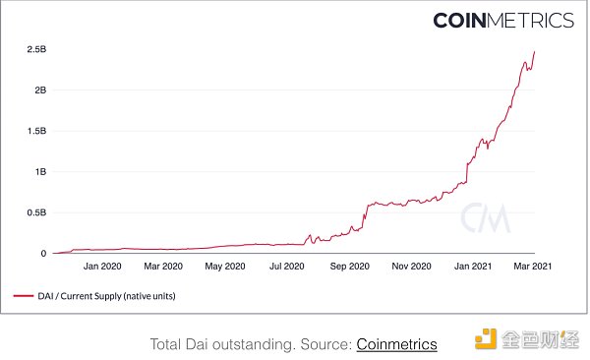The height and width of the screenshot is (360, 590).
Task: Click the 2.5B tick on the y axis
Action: pyautogui.click(x=36, y=48)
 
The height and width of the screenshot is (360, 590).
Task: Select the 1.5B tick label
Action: pyautogui.click(x=36, y=130)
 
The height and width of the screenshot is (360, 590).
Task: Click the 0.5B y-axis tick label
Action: pyautogui.click(x=36, y=212)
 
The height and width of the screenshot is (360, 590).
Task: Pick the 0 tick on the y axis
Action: pyautogui.click(x=43, y=253)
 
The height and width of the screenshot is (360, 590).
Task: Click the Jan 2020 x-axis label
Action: pyautogui.click(x=102, y=266)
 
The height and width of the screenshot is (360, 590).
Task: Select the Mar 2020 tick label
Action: pyautogui.click(x=163, y=266)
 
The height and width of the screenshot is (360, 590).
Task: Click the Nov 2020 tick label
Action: pyautogui.click(x=412, y=266)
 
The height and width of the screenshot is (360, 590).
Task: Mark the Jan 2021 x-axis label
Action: pyautogui.click(x=474, y=266)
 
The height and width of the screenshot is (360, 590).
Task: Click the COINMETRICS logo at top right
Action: pyautogui.click(x=503, y=20)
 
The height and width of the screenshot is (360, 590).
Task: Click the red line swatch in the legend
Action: pyautogui.click(x=24, y=294)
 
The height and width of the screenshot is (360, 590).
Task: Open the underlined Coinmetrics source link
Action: pyautogui.click(x=396, y=343)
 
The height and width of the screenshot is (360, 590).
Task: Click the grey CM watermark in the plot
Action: pyautogui.click(x=488, y=216)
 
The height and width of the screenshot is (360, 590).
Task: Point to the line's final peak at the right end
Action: pyautogui.click(x=534, y=52)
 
